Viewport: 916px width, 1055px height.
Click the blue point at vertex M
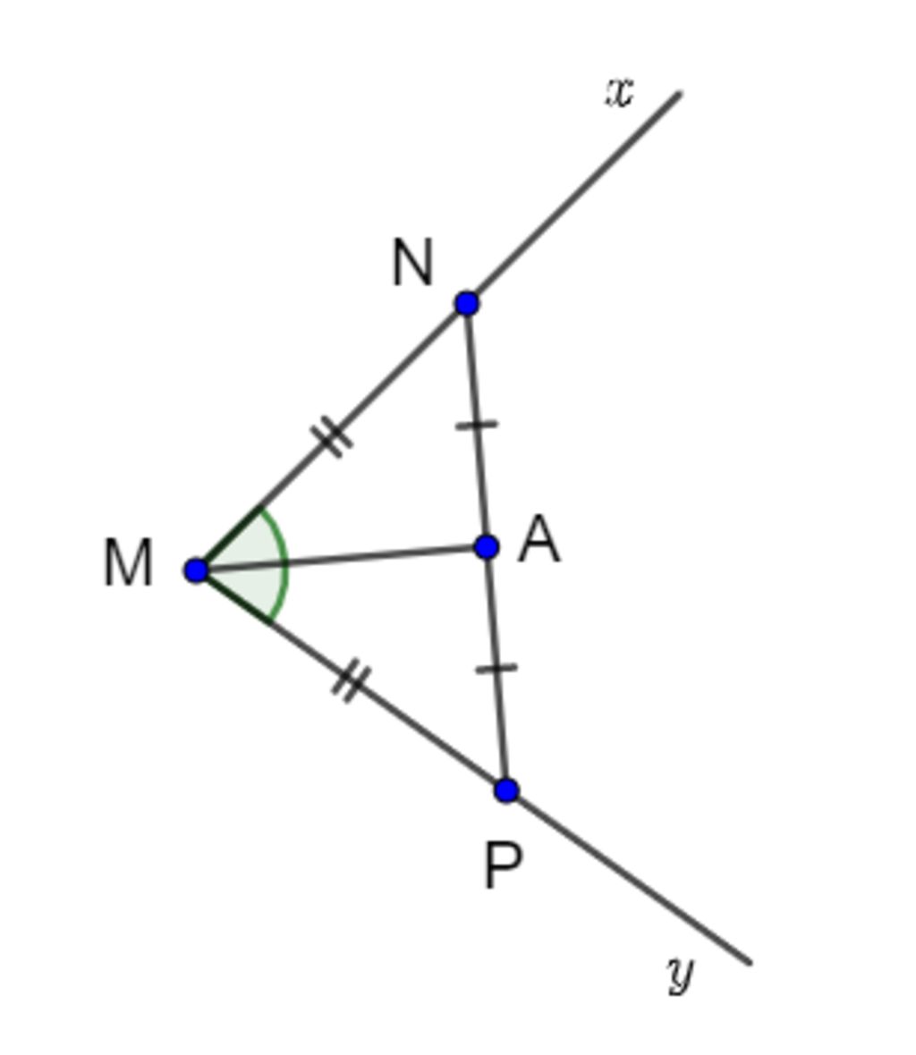[x=196, y=570]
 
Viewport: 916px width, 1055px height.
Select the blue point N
[x=467, y=303]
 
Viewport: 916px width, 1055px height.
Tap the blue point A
[x=487, y=547]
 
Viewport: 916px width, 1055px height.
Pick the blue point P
[x=507, y=789]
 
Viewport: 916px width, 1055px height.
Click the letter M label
[x=128, y=564]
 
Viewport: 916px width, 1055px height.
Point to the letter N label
[x=411, y=263]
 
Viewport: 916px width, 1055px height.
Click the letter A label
[x=539, y=539]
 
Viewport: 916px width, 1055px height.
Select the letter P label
[x=503, y=866]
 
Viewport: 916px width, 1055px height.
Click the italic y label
[x=681, y=975]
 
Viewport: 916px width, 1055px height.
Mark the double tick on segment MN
[x=331, y=437]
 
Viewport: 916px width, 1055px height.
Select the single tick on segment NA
[x=477, y=425]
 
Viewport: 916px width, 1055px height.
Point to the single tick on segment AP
[x=496, y=668]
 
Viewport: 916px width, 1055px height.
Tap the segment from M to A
[x=341, y=559]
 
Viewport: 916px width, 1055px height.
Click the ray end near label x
[x=680, y=94]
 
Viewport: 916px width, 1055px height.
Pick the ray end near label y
[x=750, y=963]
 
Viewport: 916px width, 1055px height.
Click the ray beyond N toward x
[x=573, y=198]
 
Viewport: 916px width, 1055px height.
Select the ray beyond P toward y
[x=628, y=876]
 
